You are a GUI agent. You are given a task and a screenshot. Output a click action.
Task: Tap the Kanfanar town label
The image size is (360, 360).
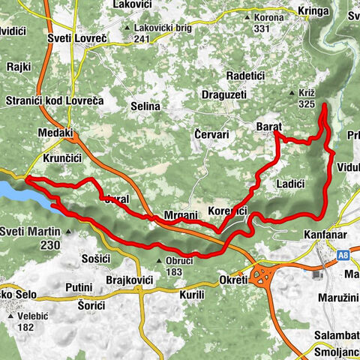pos(328,235)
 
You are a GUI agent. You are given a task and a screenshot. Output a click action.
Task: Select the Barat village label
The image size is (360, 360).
pos(268,127)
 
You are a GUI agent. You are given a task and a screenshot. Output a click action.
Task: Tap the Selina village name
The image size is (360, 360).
pos(145,106)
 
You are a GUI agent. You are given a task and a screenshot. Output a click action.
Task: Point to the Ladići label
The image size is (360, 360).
pos(290,184)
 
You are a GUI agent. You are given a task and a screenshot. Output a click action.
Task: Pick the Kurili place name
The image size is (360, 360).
pos(192,295)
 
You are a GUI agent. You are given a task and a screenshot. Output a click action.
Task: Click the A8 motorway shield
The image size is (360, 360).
pos(343,255)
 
